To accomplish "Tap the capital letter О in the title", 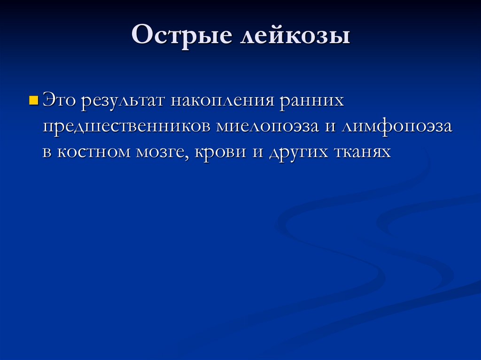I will pos(142,37).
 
